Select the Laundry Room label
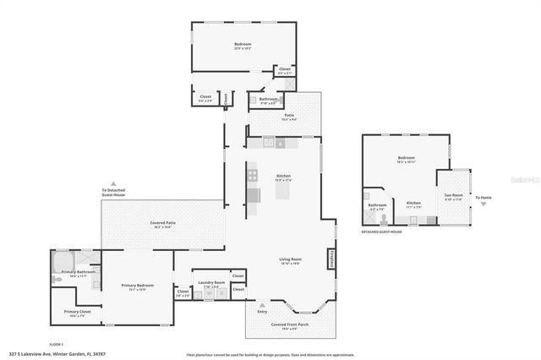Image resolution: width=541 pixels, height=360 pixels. click(211, 282)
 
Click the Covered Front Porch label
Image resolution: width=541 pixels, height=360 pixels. click(289, 325)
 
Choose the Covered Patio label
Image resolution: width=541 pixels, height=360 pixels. click(164, 223)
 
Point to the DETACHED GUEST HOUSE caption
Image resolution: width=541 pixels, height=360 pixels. click(381, 232)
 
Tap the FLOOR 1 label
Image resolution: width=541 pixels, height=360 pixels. click(57, 344)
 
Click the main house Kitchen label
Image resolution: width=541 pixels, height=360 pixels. click(283, 177)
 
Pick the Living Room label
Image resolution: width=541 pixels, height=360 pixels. click(291, 259)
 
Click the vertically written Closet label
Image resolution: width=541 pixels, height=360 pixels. click(226, 99)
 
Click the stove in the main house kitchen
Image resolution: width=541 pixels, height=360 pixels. click(252, 176)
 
